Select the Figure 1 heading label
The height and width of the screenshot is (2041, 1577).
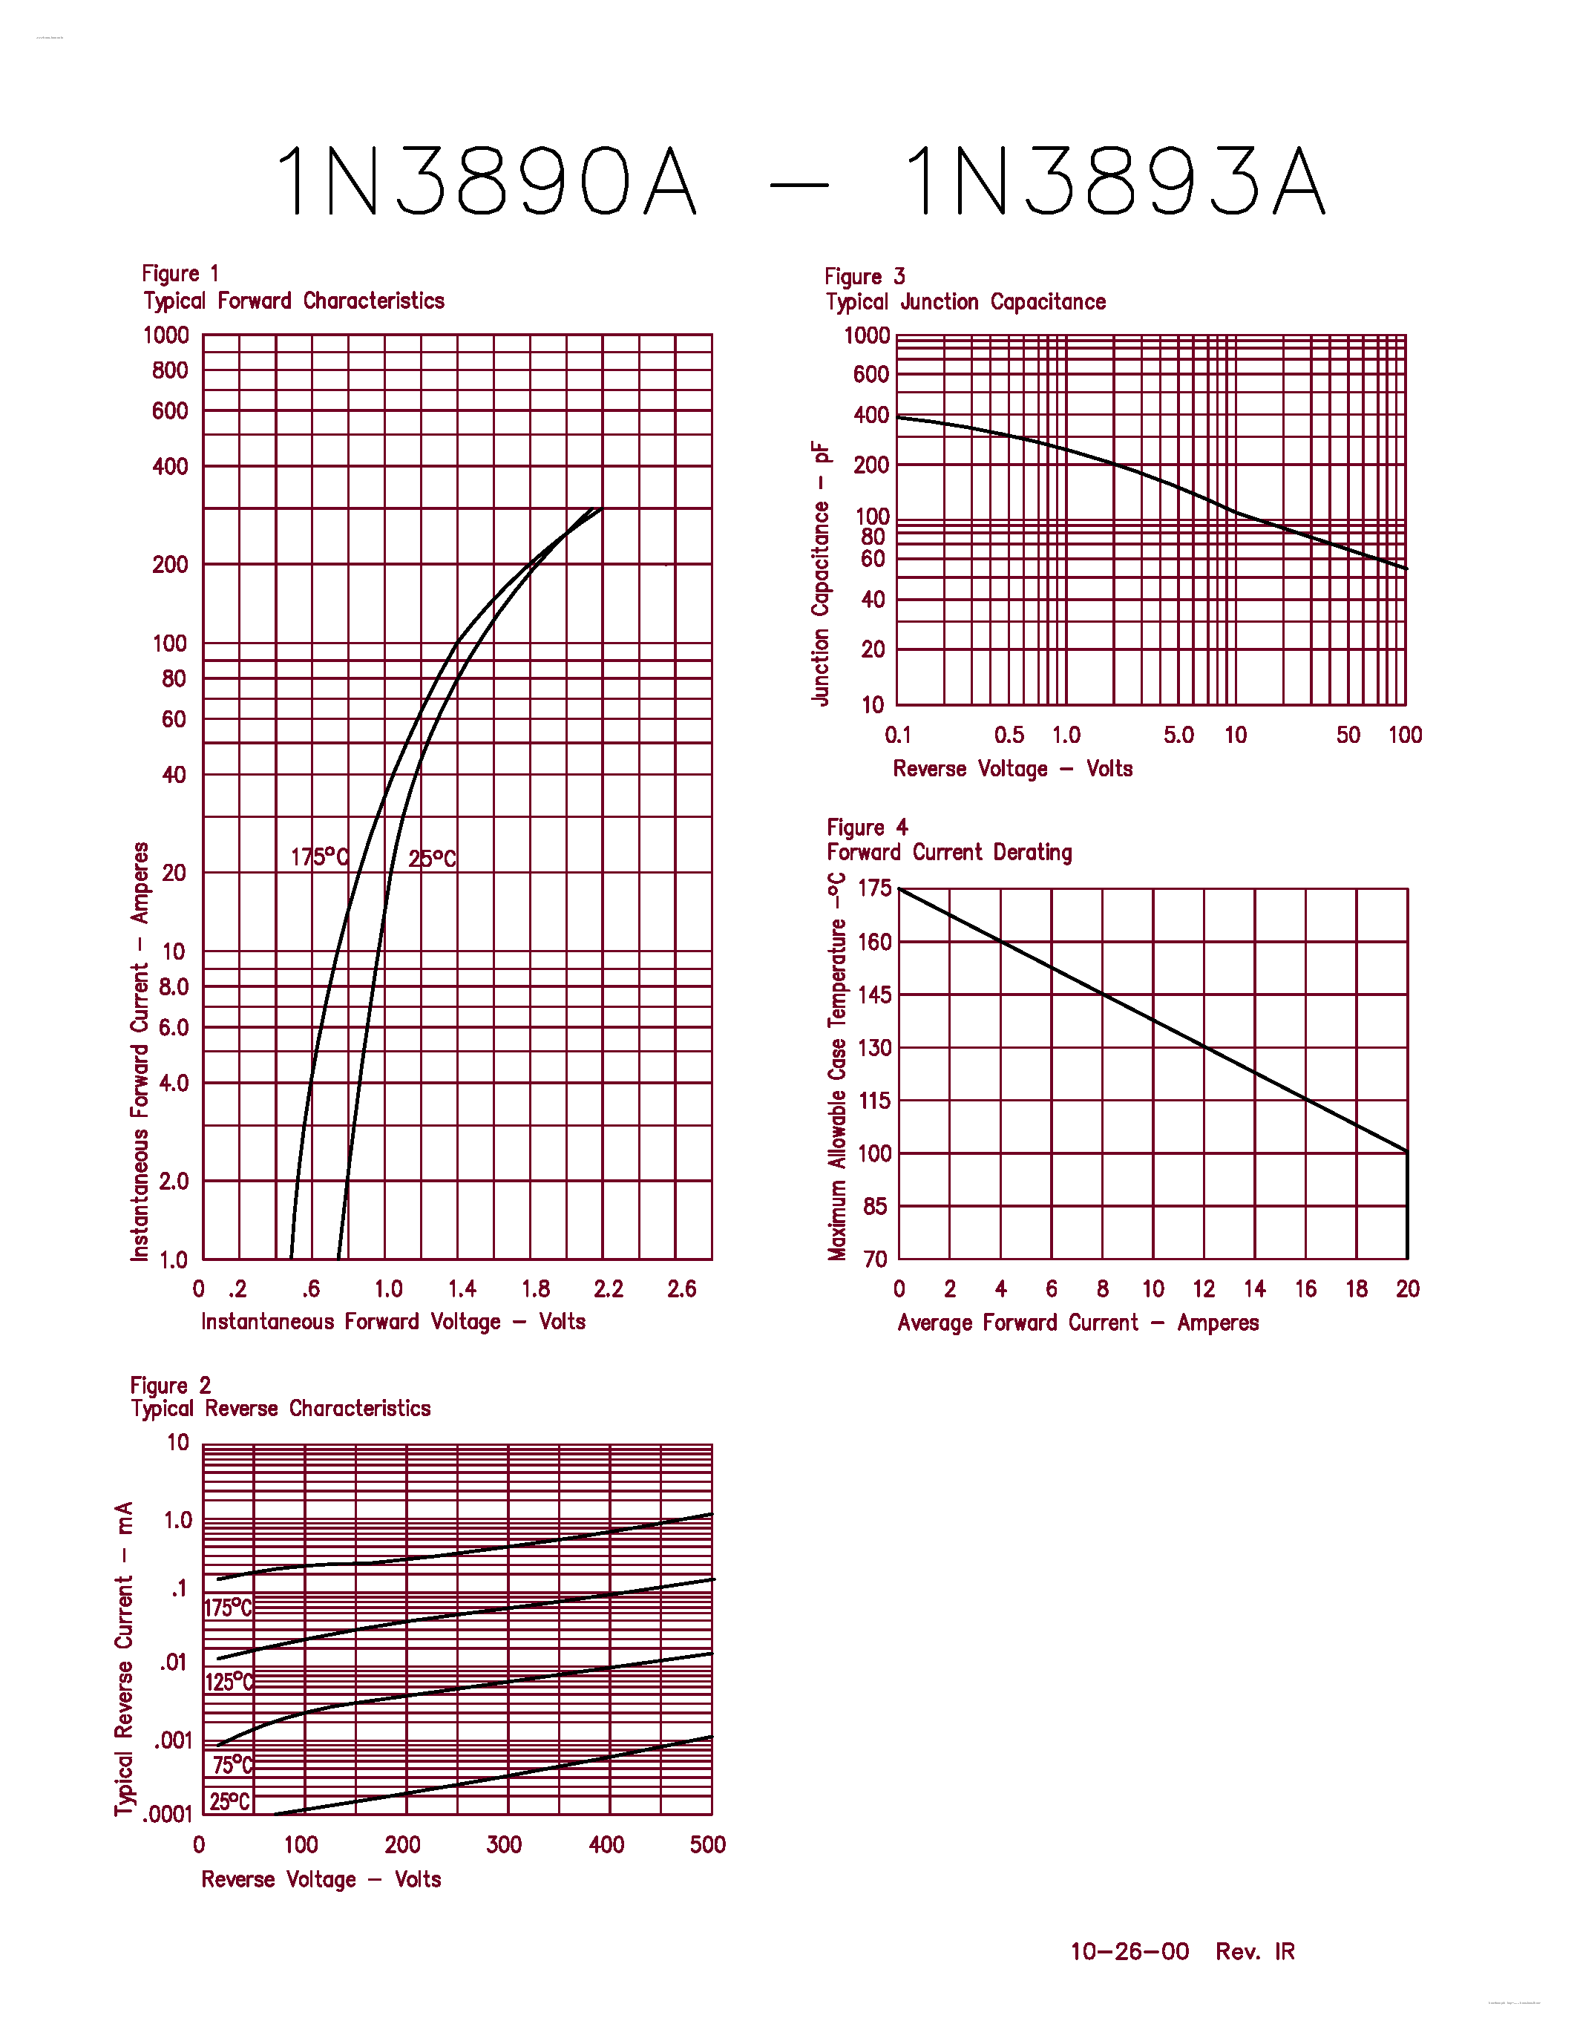point(180,274)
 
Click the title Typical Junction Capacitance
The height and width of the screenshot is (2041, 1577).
point(965,302)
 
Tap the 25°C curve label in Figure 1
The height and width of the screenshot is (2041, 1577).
point(432,858)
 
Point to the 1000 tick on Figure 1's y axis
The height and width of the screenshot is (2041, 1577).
point(165,335)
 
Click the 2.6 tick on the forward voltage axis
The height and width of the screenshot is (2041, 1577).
point(681,1290)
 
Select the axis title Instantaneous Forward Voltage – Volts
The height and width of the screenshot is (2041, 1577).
point(393,1321)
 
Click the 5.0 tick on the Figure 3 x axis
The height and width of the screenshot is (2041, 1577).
point(1178,735)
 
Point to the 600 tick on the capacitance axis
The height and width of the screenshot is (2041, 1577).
point(870,375)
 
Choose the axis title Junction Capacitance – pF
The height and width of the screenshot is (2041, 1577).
point(820,573)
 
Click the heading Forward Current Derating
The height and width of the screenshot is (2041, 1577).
point(949,852)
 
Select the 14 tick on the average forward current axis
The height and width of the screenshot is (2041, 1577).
point(1253,1290)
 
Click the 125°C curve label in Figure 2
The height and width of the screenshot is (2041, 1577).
point(229,1682)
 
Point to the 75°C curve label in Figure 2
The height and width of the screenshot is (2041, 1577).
point(232,1764)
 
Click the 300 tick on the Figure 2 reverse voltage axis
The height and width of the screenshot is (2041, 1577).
point(504,1845)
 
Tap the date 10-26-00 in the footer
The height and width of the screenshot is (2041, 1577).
point(1130,1951)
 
